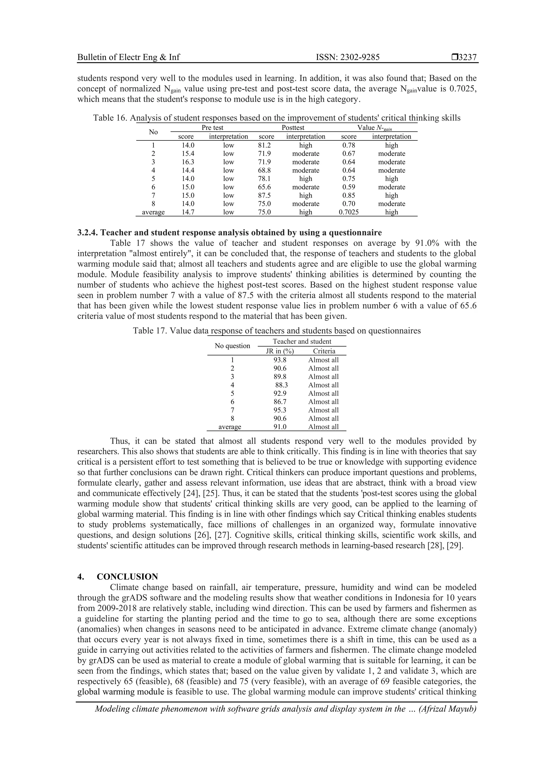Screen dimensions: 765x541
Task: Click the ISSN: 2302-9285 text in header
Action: pyautogui.click(x=347, y=57)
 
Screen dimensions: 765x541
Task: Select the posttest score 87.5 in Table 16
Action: pyautogui.click(x=264, y=196)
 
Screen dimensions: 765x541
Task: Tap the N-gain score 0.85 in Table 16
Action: pyautogui.click(x=349, y=196)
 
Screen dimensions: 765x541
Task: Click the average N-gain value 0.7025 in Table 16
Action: pyautogui.click(x=349, y=212)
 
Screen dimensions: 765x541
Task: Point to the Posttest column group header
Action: pyautogui.click(x=293, y=128)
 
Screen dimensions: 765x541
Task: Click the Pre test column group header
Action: pyautogui.click(x=212, y=128)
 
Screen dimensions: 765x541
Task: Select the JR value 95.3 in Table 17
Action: pyautogui.click(x=280, y=410)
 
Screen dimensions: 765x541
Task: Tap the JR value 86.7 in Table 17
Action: pyautogui.click(x=280, y=402)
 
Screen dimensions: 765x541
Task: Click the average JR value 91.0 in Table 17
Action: pyautogui.click(x=280, y=427)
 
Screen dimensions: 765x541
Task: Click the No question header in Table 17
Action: pyautogui.click(x=232, y=346)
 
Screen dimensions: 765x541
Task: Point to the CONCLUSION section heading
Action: pyautogui.click(x=127, y=577)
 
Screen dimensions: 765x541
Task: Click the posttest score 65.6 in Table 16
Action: pyautogui.click(x=264, y=187)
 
